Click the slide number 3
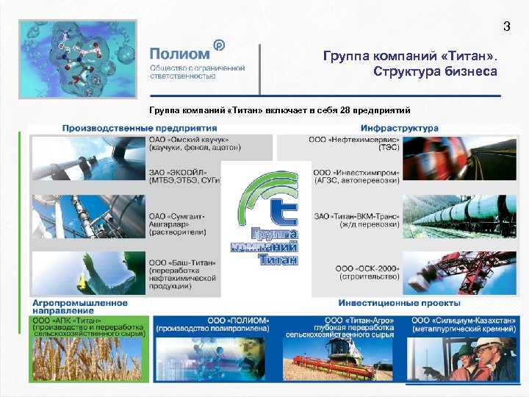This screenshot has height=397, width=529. click(505, 27)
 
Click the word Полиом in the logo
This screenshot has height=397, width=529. click(180, 53)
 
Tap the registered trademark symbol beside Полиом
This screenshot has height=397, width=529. click(218, 45)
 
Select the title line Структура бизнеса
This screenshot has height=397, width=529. click(435, 72)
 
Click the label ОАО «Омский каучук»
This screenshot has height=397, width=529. click(189, 139)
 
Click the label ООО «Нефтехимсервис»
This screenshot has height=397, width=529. click(353, 139)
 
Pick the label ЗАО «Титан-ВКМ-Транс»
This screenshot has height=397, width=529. click(356, 216)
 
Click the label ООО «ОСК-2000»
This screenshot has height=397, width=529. click(367, 267)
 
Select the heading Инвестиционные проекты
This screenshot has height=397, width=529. click(400, 303)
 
